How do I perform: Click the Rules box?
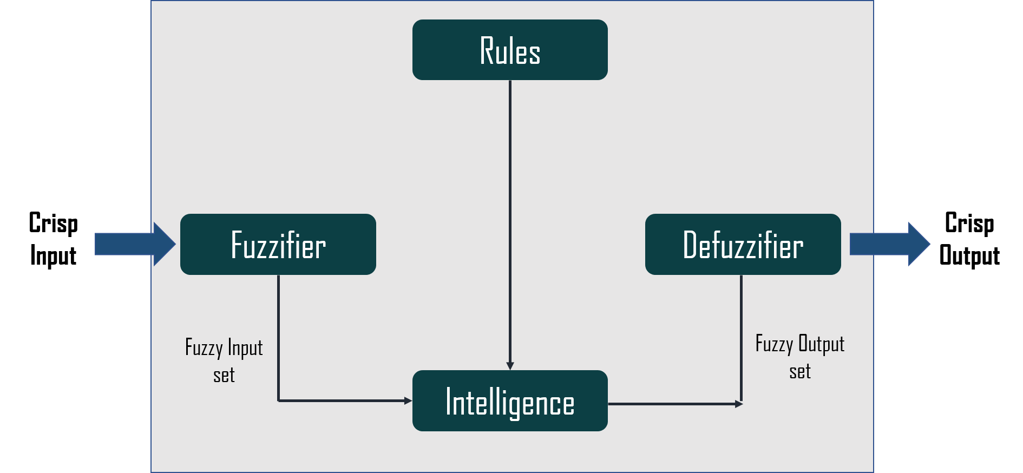(510, 50)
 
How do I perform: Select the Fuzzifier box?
(278, 244)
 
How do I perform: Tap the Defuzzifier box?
(743, 244)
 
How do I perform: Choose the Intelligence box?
(510, 400)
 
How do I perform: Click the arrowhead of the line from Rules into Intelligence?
(510, 366)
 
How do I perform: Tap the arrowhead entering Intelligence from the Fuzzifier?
(408, 400)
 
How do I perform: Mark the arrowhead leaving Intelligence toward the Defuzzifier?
(739, 404)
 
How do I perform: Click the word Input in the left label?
(245, 348)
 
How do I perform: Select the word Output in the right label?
(821, 344)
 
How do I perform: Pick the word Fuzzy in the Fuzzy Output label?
(774, 344)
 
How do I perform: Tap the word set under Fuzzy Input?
(224, 375)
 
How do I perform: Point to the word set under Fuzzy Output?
(800, 372)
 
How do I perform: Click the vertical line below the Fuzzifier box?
(278, 336)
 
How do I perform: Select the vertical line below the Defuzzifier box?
(741, 336)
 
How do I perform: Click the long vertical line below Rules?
(510, 216)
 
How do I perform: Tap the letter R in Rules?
(487, 51)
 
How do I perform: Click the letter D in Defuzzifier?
(690, 245)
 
